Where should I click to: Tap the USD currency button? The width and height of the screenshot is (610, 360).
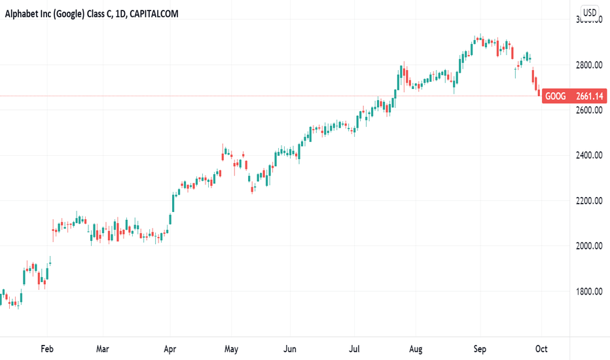click(x=590, y=12)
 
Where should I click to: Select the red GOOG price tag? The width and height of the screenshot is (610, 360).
click(x=574, y=97)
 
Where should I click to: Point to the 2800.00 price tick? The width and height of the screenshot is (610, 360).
click(x=588, y=65)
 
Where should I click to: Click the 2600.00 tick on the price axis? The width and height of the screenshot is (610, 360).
click(x=588, y=110)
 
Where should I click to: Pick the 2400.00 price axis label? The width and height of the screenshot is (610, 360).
click(x=588, y=155)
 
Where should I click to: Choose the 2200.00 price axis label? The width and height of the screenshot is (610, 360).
click(x=588, y=200)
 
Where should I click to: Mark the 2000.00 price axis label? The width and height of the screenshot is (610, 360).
click(x=588, y=245)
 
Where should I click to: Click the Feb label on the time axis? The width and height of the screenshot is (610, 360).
click(x=46, y=348)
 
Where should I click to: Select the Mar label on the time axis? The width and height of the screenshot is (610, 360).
click(x=102, y=348)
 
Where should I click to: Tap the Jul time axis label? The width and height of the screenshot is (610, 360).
click(x=355, y=348)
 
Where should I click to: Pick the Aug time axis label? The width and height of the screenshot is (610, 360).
click(x=415, y=348)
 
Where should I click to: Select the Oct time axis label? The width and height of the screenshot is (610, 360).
click(x=541, y=348)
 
